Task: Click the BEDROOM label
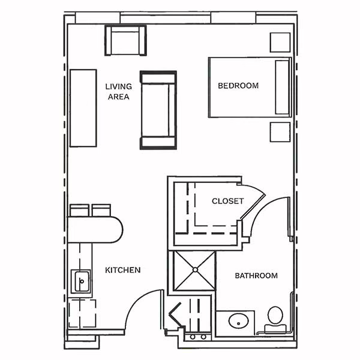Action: click(x=238, y=86)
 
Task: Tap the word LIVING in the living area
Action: click(x=118, y=86)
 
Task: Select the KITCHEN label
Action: click(x=122, y=270)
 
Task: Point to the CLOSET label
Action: click(x=227, y=201)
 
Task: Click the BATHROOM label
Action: click(x=256, y=275)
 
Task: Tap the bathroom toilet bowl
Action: click(x=275, y=316)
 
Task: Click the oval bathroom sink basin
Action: click(x=239, y=321)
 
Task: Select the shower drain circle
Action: click(x=195, y=270)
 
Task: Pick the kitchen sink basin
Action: click(x=81, y=281)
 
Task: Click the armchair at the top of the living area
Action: click(x=125, y=40)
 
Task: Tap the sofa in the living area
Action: click(x=158, y=110)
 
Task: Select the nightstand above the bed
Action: click(x=280, y=43)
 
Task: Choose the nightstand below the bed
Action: click(x=280, y=132)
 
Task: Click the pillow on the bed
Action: click(x=282, y=87)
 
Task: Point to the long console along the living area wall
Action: click(x=83, y=108)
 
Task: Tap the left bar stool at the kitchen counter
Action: click(x=79, y=211)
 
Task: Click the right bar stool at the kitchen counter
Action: click(x=101, y=211)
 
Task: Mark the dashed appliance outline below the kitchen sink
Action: click(x=82, y=314)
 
